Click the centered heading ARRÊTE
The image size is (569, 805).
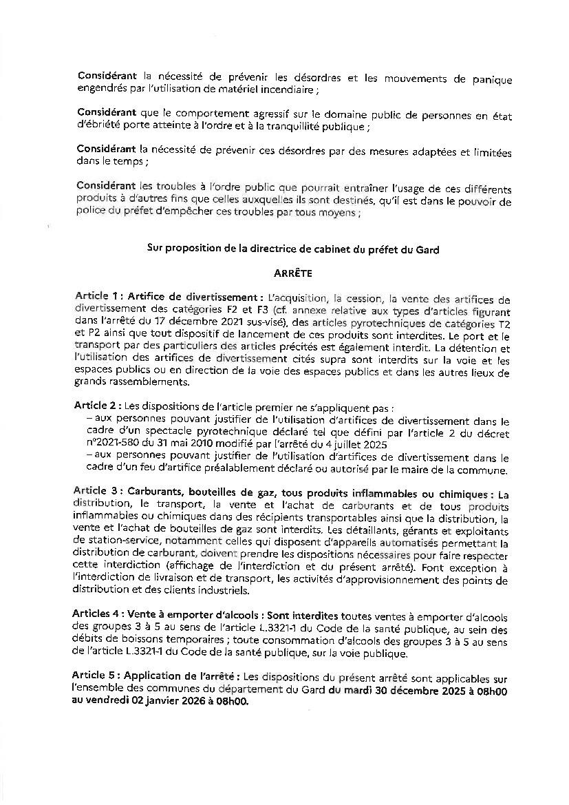pos(292,273)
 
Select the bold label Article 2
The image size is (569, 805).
pos(97,406)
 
